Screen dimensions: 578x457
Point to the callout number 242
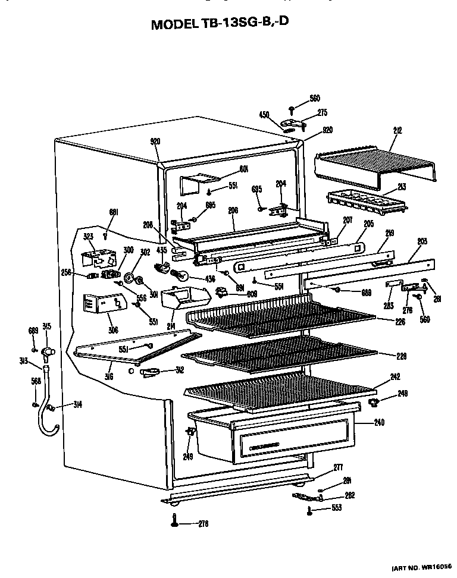[x=395, y=377]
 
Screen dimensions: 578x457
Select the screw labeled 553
[x=309, y=509]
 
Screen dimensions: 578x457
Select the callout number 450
[x=264, y=115]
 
